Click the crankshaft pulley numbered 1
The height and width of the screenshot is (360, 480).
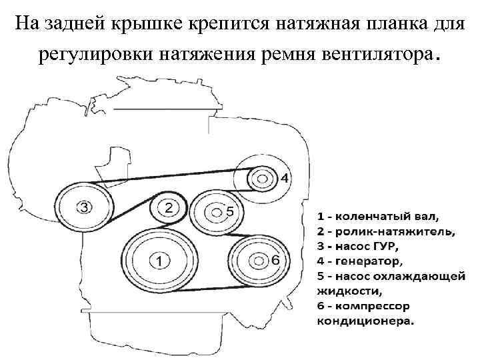pyautogui.click(x=158, y=261)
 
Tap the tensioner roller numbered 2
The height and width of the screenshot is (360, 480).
pyautogui.click(x=168, y=209)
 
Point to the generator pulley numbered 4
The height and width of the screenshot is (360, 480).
pyautogui.click(x=261, y=178)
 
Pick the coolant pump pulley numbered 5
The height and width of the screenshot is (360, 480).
pyautogui.click(x=215, y=212)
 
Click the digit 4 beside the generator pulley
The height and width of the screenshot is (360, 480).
pyautogui.click(x=285, y=178)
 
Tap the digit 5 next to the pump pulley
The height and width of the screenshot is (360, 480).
pyautogui.click(x=229, y=211)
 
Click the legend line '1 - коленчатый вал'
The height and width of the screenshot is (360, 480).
pyautogui.click(x=378, y=217)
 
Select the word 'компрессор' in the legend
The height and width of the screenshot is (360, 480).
pyautogui.click(x=377, y=305)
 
